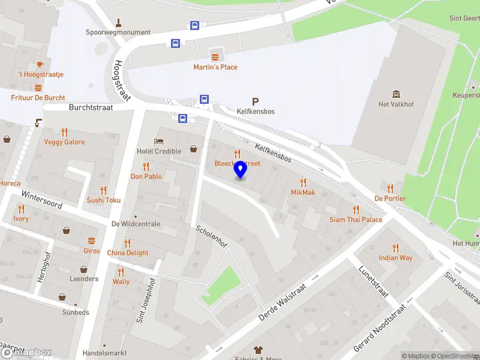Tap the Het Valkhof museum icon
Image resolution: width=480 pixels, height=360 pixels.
coord(396,94)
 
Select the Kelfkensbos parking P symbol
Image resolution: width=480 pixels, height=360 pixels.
coord(256,102)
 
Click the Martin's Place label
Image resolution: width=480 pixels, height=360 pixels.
coord(215,67)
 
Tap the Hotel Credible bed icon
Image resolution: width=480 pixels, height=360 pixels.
coord(159,140)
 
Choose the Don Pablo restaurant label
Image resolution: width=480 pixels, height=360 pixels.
coord(146,176)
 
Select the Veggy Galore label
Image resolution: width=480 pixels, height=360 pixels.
coord(64,142)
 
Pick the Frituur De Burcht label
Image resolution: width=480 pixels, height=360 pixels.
coord(38,98)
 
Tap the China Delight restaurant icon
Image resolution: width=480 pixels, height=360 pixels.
coord(127,242)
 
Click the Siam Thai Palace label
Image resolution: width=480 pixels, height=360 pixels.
coord(356,220)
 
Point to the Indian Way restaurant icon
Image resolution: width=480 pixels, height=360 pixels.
coord(395,247)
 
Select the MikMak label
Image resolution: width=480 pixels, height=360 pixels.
coord(303,193)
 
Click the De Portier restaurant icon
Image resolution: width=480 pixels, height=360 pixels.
coord(390,188)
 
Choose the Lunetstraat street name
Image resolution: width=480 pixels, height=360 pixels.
coord(372,281)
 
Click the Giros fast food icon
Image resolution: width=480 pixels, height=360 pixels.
coord(92,240)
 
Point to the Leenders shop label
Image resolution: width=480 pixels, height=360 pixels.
coord(84,279)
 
